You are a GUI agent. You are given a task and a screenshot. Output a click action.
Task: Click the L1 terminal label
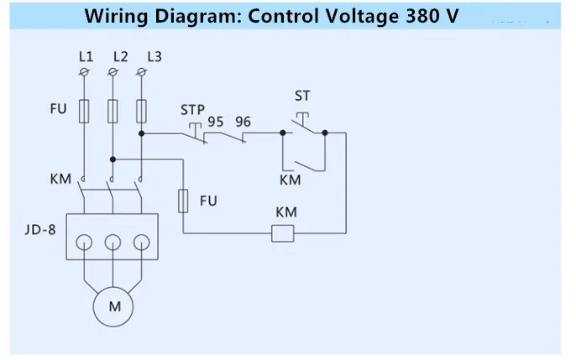[x=86, y=57]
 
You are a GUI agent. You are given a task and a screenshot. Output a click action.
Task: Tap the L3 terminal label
[x=154, y=57]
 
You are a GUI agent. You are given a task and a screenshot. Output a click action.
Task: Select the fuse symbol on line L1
[x=84, y=111]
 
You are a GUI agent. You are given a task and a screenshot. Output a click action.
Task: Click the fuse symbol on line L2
[x=113, y=111]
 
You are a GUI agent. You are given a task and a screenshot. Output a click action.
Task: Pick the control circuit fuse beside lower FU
[x=183, y=201]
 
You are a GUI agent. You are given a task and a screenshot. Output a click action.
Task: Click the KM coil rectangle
[x=283, y=233]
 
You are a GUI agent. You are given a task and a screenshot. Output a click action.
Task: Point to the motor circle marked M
[x=113, y=307]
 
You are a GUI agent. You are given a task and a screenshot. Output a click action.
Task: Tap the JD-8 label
[x=40, y=230]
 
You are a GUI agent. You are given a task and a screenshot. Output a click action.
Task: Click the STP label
[x=192, y=110]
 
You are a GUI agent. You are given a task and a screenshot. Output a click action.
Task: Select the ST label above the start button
[x=302, y=96]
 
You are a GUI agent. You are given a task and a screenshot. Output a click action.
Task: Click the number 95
[x=216, y=122]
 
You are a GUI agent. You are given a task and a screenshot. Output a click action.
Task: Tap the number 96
[x=243, y=122]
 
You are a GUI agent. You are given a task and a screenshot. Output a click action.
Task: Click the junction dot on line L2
[x=113, y=159]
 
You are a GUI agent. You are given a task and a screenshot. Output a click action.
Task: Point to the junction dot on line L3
[x=141, y=133]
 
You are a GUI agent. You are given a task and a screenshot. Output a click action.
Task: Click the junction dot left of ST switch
[x=283, y=133]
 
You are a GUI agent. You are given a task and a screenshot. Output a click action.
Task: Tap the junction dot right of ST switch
[x=325, y=133]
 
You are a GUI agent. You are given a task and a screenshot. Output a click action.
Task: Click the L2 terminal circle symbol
[x=113, y=72]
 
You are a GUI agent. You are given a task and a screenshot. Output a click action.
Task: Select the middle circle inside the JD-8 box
[x=113, y=243]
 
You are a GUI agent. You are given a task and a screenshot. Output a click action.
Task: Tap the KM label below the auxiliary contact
[x=291, y=180]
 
